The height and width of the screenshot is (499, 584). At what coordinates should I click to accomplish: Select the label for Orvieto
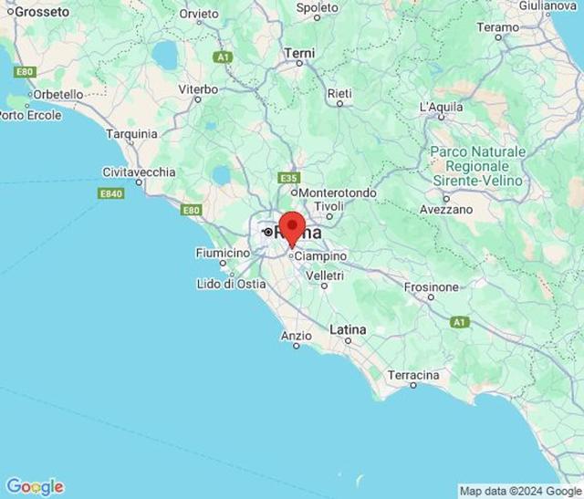click(x=199, y=14)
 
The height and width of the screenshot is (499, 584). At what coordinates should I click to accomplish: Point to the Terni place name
click(x=299, y=54)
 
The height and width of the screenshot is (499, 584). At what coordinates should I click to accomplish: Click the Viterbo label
click(x=198, y=89)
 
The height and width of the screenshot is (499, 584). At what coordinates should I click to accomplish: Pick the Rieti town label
click(x=339, y=93)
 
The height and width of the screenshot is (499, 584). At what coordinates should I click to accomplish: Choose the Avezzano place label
click(x=446, y=209)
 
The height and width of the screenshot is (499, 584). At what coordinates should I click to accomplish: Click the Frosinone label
click(x=432, y=287)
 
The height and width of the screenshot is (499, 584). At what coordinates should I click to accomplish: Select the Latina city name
click(x=348, y=328)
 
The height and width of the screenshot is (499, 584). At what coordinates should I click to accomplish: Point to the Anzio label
click(x=296, y=336)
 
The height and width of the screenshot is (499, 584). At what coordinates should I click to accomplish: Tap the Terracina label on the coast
click(x=413, y=375)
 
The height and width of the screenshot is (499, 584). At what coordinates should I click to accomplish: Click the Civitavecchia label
click(x=140, y=172)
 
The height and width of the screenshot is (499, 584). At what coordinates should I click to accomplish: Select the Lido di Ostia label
click(x=231, y=284)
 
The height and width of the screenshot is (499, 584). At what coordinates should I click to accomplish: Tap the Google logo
click(x=35, y=487)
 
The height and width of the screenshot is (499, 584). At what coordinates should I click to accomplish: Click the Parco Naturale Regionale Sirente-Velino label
click(x=477, y=166)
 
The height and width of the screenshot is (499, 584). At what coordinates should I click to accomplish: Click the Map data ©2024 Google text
click(x=519, y=491)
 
